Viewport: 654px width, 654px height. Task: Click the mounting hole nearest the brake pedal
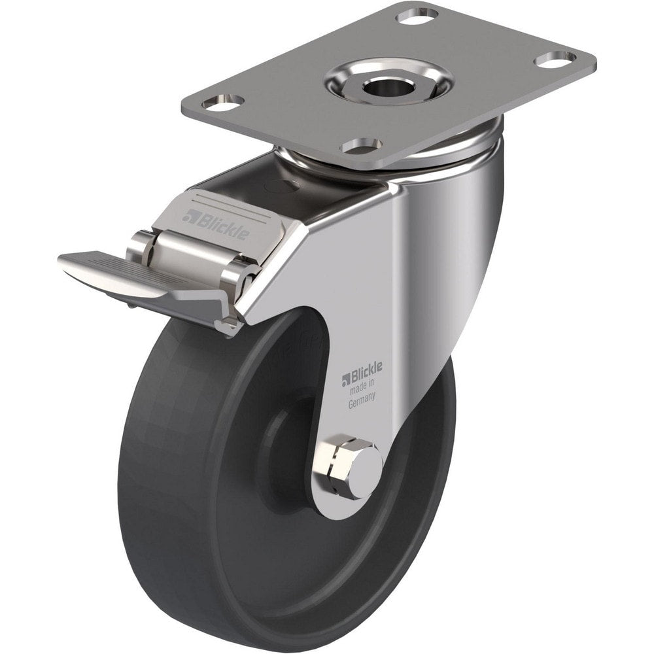click(x=222, y=103)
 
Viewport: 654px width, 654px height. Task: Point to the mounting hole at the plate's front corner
click(x=362, y=145)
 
